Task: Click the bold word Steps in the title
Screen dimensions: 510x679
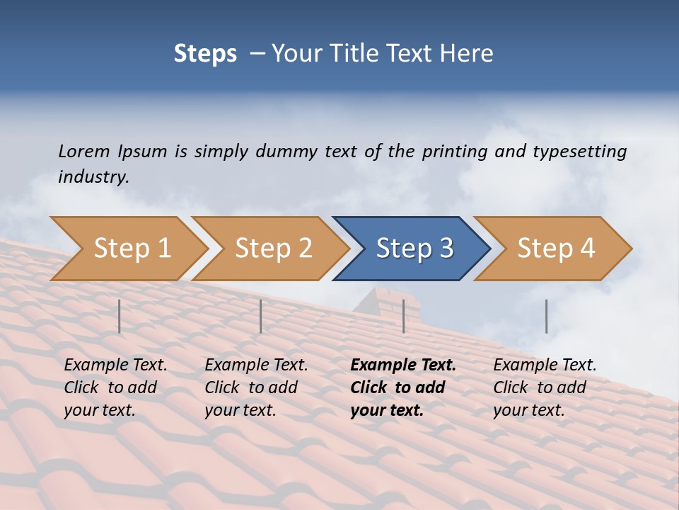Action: coord(205,53)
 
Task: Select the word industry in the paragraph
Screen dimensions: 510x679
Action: coord(93,176)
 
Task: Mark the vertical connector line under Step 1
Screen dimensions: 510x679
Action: coord(120,316)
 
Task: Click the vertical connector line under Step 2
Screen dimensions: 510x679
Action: coord(261,316)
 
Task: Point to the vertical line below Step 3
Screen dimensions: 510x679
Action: coord(404,316)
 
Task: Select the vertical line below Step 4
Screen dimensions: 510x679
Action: coord(547,316)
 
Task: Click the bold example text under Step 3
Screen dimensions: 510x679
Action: coord(402,387)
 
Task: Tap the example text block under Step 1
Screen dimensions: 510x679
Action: coord(115,387)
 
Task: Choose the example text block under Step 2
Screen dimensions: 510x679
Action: coord(256,387)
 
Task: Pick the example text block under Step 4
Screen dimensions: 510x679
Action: coord(544,387)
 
